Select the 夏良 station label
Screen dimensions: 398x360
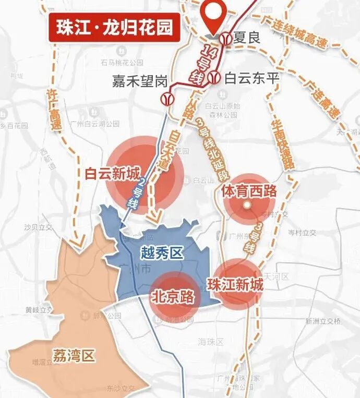[x=247, y=38]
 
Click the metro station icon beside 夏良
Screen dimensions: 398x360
[x=225, y=38]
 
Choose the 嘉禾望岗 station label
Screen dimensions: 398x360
[x=140, y=81]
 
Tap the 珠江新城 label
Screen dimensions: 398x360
[x=235, y=285]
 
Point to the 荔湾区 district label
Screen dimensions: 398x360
[x=74, y=356]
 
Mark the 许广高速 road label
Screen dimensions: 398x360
[x=53, y=112]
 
